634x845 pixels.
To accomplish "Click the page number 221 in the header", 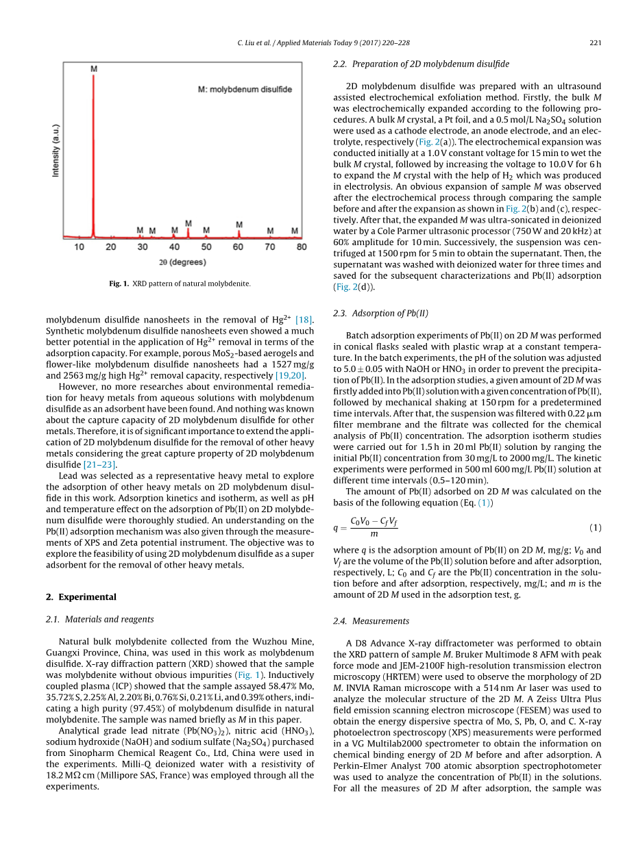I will point(595,43).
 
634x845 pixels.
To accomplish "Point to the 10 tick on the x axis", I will point(80,247).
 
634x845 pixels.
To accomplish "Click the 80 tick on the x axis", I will point(302,247).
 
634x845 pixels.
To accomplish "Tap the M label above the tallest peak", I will point(94,69).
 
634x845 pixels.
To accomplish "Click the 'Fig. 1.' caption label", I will point(121,283).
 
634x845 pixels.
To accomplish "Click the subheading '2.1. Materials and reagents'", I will point(100,619).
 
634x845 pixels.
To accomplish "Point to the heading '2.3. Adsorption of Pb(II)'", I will point(380,314).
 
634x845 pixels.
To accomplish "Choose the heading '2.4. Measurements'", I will point(371,621).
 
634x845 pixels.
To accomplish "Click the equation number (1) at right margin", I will point(596,527).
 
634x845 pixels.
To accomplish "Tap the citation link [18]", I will point(304,320).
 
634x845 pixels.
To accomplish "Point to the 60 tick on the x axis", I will point(239,247).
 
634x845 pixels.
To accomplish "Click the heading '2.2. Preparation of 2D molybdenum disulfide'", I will point(421,64).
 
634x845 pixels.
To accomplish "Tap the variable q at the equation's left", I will point(336,528).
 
